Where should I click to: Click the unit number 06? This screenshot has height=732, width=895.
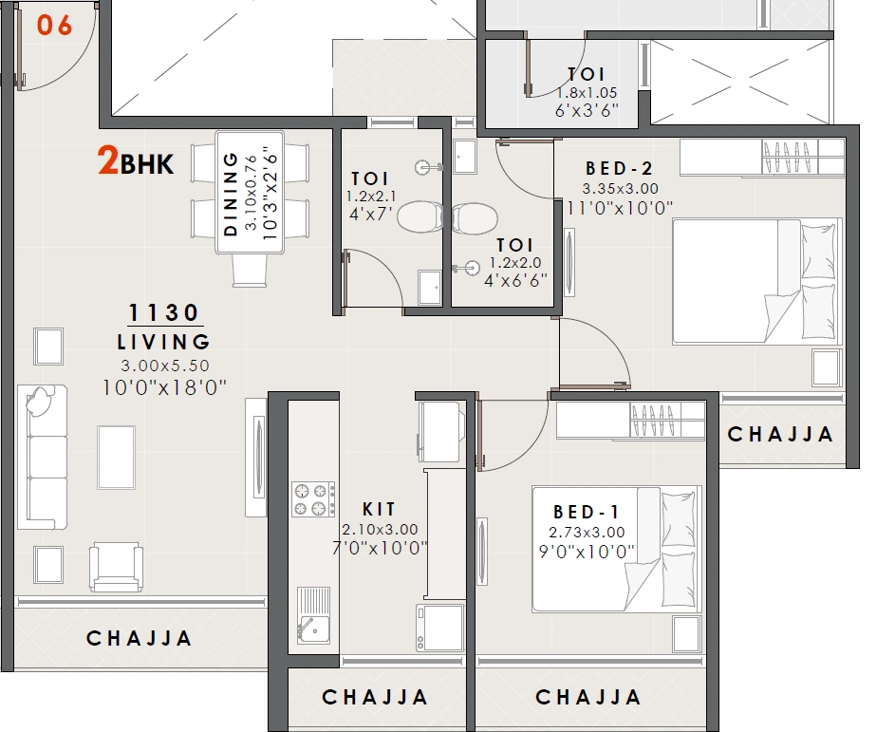click(54, 26)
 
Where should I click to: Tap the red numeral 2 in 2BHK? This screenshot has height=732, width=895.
click(108, 162)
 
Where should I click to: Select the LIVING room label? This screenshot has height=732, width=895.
click(163, 342)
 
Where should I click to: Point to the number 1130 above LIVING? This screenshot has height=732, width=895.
click(164, 312)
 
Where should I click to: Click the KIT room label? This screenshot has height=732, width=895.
click(380, 510)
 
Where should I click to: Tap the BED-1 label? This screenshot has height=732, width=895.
click(586, 512)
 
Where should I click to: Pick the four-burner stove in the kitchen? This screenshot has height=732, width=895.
click(313, 499)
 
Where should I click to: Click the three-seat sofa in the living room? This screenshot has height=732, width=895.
click(43, 457)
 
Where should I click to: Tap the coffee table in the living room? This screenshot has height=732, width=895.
click(116, 456)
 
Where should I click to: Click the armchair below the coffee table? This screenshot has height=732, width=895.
click(117, 567)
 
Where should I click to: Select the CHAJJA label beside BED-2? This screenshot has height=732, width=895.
click(780, 435)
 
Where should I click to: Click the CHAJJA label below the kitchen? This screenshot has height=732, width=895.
click(375, 698)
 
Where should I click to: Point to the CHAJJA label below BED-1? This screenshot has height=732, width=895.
click(588, 698)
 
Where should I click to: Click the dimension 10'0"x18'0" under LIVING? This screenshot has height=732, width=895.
click(163, 386)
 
